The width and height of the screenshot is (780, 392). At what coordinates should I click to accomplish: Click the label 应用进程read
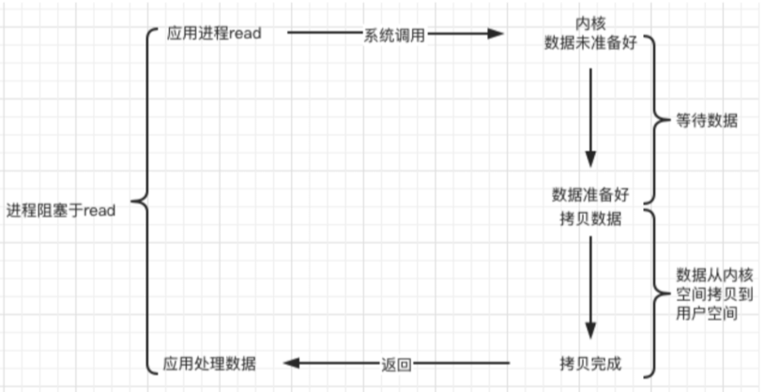click(213, 33)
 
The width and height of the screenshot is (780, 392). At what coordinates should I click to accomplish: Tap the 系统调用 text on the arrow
click(395, 35)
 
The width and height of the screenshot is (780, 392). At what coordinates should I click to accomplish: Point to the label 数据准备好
click(589, 195)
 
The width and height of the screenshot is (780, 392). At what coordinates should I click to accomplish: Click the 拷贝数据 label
click(589, 219)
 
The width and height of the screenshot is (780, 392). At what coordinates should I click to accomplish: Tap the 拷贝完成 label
click(589, 362)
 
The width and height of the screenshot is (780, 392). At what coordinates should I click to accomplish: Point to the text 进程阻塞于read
click(60, 210)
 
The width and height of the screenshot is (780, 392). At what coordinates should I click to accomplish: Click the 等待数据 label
click(706, 121)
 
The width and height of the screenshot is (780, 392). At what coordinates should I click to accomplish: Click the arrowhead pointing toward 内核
click(495, 34)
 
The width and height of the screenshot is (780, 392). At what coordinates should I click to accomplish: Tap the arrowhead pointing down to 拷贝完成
click(590, 329)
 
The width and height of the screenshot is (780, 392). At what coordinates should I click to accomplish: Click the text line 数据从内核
click(707, 275)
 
